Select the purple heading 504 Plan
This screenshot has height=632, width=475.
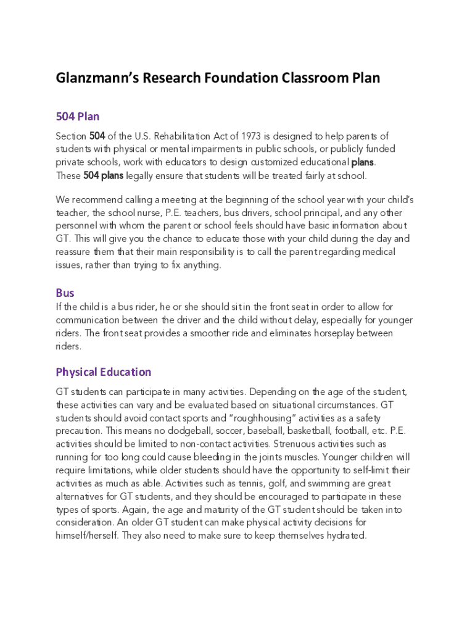(x=77, y=117)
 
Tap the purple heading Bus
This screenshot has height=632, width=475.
(x=65, y=293)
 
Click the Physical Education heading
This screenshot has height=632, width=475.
(x=103, y=372)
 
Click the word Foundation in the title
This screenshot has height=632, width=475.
(x=238, y=78)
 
